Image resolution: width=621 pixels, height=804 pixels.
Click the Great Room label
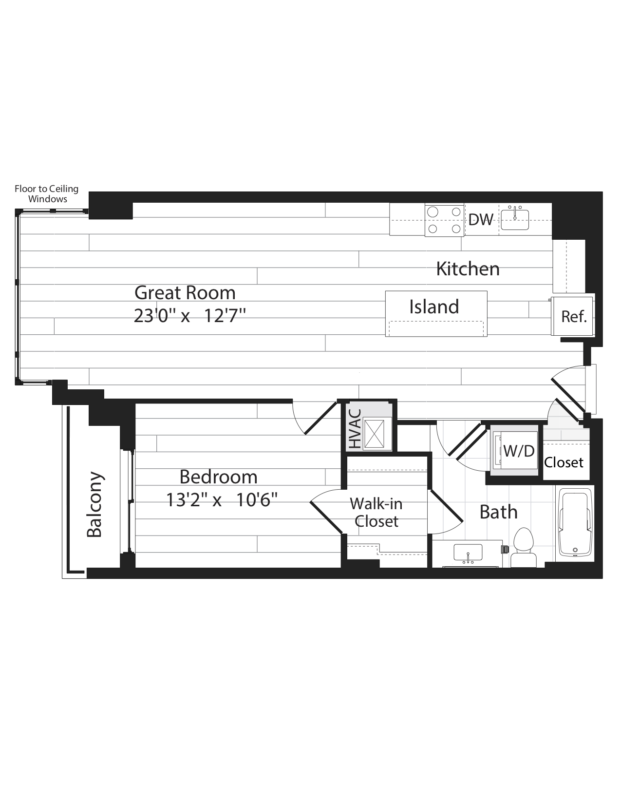(185, 293)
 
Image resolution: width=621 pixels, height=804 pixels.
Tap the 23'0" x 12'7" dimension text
(190, 316)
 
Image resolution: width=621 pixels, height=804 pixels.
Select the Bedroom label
(218, 477)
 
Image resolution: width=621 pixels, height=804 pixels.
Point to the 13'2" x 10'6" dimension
(222, 500)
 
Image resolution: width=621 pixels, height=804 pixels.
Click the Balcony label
(94, 504)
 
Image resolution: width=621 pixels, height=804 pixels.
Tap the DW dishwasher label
(481, 220)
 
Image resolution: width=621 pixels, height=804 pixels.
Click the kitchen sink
(515, 219)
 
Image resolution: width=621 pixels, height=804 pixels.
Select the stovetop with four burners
(444, 221)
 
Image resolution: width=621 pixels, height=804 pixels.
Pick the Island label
(434, 306)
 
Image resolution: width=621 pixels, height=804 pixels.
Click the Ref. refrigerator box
(573, 315)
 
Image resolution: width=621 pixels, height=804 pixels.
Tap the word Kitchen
(468, 269)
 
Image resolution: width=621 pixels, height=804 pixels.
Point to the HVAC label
(355, 429)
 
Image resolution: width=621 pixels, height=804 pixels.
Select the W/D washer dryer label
(519, 451)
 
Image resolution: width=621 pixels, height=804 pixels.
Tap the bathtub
(575, 522)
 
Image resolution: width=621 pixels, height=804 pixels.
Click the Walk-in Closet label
(376, 513)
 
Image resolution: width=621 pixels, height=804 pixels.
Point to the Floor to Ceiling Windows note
(47, 194)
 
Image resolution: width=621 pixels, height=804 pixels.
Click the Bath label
(498, 512)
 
